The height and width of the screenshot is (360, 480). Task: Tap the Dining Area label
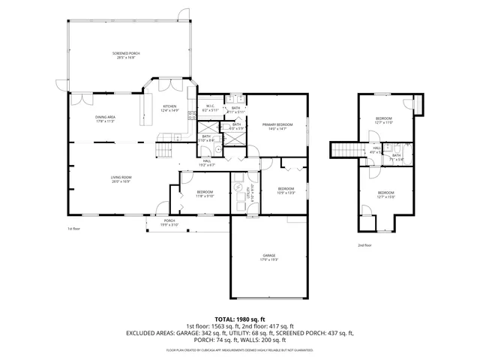coord(105,118)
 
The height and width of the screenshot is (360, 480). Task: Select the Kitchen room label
coord(171,108)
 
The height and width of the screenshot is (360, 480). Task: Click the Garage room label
coord(269,257)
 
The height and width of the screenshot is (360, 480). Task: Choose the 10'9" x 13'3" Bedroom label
coord(286,190)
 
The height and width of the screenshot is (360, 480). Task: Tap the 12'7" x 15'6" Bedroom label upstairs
coord(385,194)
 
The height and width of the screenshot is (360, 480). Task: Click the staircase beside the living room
coord(162,153)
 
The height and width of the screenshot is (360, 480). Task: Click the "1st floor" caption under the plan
coord(73,229)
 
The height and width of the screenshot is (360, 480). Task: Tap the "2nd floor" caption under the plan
coord(364,244)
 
